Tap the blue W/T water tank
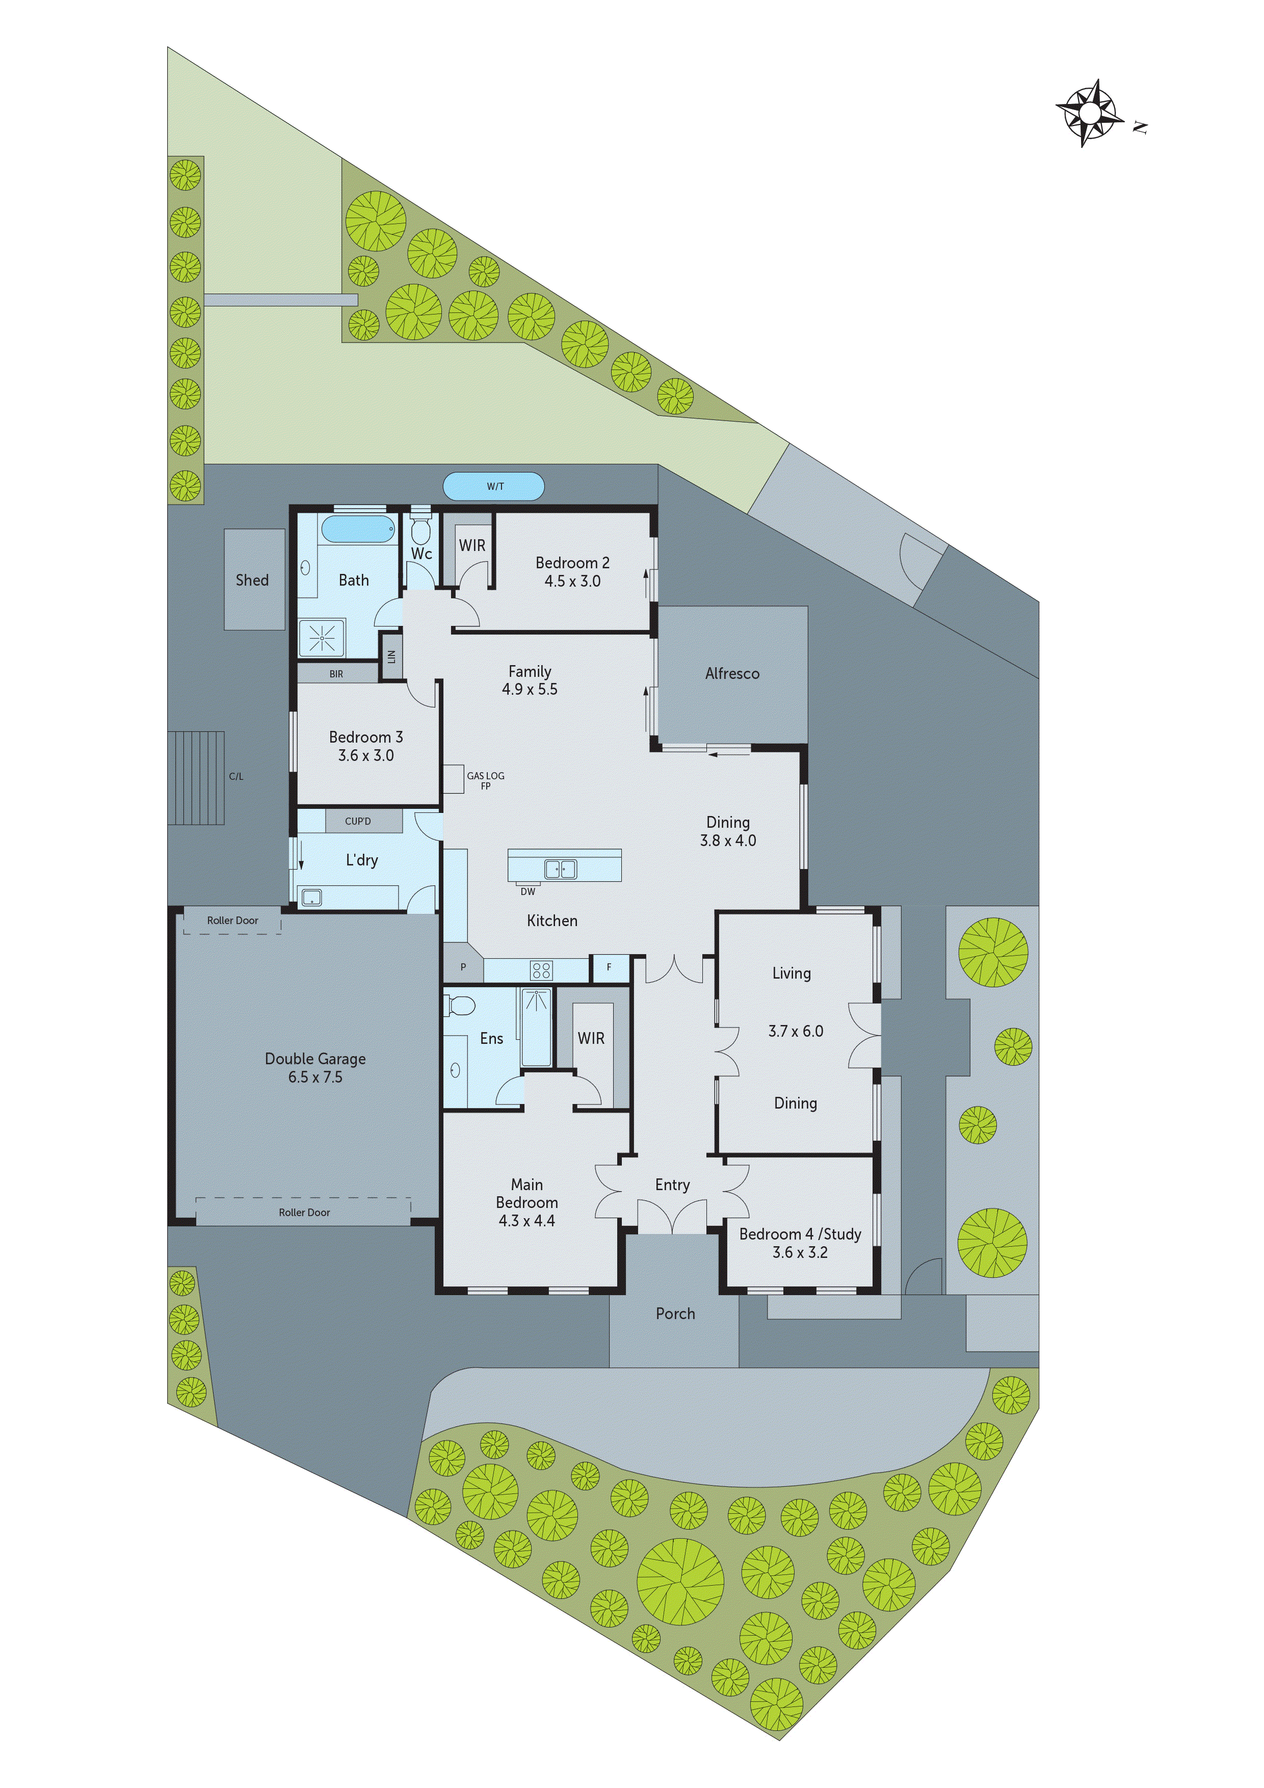494,487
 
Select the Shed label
252,580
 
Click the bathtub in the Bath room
357,530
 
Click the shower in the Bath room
322,639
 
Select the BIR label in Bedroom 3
336,674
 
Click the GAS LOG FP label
485,780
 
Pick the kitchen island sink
560,869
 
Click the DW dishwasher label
527,891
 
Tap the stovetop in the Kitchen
540,970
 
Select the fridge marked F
609,967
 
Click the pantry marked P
463,967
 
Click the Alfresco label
732,674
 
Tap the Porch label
675,1314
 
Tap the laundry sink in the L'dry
311,898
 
